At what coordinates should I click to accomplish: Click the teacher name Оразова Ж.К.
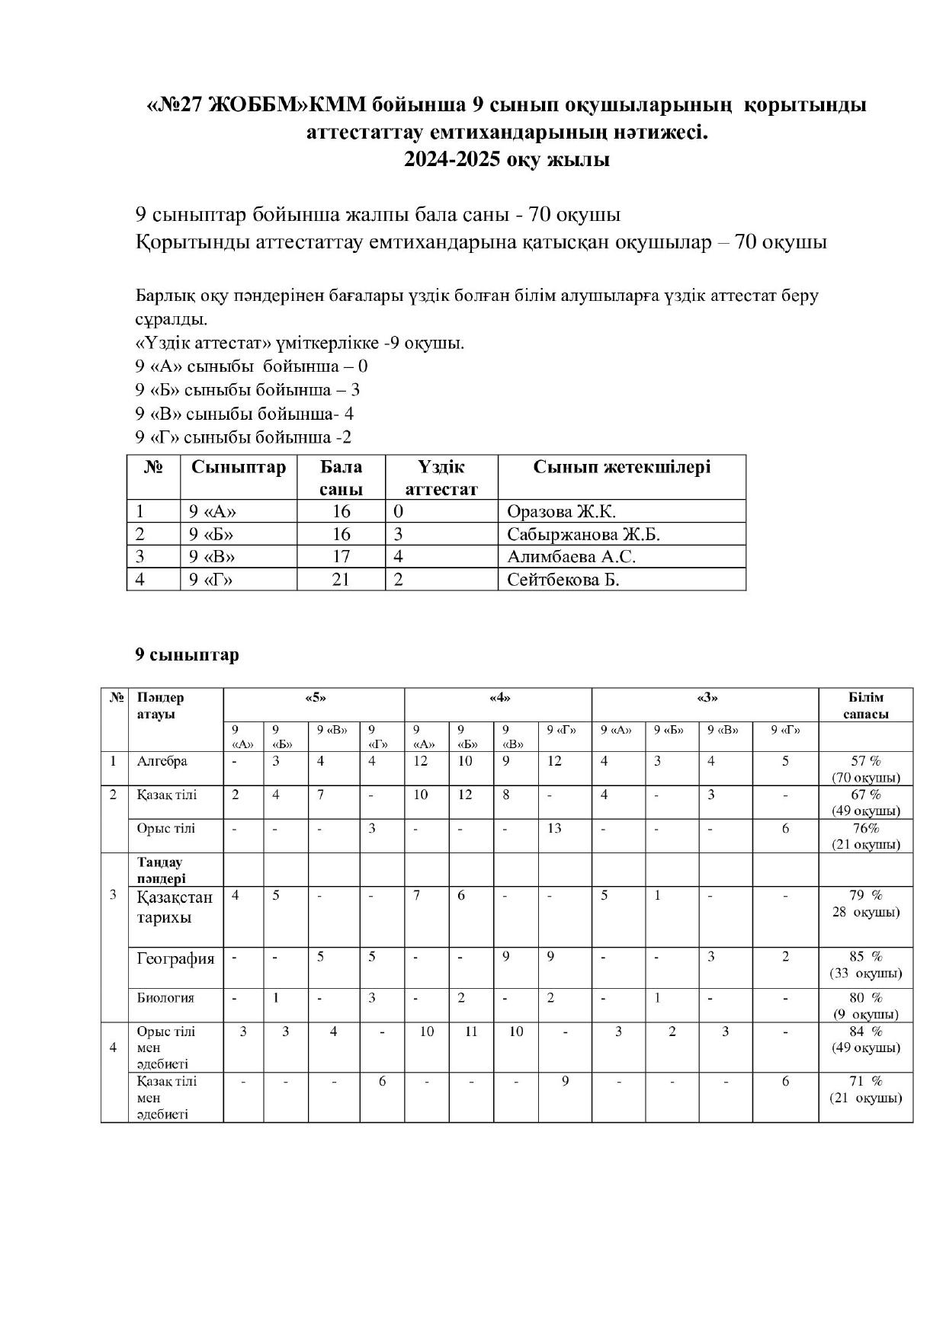(561, 511)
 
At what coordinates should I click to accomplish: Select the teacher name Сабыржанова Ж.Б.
(583, 534)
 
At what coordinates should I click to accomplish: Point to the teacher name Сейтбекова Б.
(563, 580)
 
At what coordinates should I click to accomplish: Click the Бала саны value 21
(341, 580)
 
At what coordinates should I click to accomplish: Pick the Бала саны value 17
(341, 557)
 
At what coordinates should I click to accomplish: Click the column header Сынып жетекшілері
(621, 467)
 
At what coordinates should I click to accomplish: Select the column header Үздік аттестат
(441, 478)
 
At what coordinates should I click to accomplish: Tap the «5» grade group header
(314, 697)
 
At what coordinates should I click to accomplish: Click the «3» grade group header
(706, 697)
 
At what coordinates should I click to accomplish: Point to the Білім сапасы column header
(865, 705)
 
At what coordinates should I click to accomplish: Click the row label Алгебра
(162, 761)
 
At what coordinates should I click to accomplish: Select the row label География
(175, 958)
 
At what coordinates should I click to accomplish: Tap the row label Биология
(165, 997)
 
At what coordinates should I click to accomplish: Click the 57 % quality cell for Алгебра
(865, 769)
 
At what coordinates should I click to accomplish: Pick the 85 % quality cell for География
(865, 964)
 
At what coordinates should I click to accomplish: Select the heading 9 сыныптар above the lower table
(187, 655)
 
